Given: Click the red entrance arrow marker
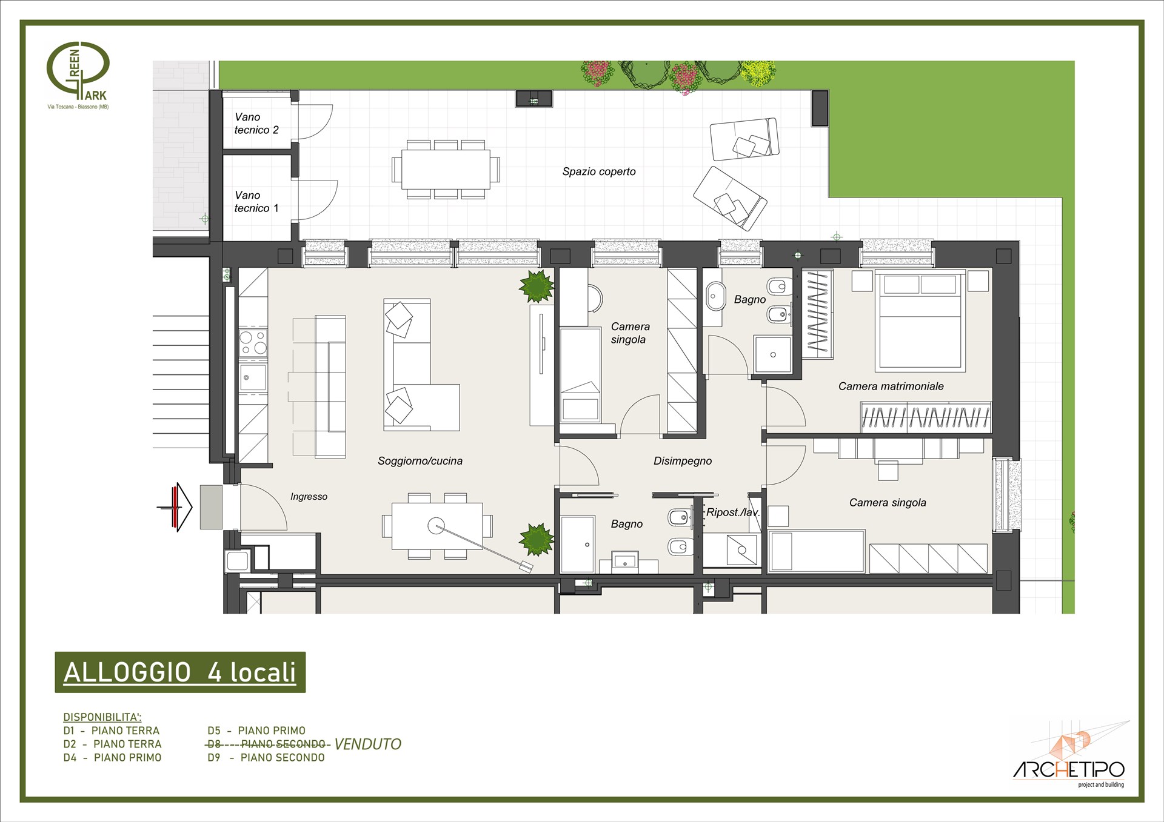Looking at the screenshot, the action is coord(176,507).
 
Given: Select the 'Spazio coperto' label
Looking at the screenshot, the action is coord(599,171).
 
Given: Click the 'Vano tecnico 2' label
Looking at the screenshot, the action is coord(256,123).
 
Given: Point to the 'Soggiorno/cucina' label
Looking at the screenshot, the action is coord(420,461).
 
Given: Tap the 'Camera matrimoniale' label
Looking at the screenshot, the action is coord(891,386).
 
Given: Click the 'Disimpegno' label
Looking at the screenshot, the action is coord(683,461).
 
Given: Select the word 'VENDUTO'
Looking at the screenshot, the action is coord(368,744).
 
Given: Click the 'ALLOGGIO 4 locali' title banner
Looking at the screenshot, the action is coord(180,672).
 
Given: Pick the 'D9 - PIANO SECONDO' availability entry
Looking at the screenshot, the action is coord(266,757).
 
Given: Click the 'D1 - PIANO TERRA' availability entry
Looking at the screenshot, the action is coord(112,731).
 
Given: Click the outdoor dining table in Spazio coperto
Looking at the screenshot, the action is coord(446,170).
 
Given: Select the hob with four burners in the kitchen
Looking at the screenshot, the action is coord(253,343).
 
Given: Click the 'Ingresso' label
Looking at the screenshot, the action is coord(309,497).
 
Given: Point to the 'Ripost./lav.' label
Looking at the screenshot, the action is coord(733,512).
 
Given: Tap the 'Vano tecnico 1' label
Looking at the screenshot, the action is coord(256,202).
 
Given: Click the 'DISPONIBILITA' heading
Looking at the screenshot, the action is coord(102,717).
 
